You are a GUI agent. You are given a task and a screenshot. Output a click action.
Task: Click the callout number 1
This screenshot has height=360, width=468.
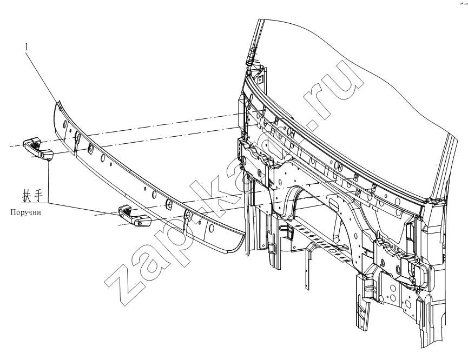pyautogui.click(x=27, y=47)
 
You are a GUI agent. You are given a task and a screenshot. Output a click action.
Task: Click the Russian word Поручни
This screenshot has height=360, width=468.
pyautogui.click(x=25, y=212)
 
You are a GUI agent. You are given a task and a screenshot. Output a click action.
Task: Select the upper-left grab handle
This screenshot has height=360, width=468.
pyautogui.click(x=38, y=148)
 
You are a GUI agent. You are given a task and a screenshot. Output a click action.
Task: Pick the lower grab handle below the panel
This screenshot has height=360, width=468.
pyautogui.click(x=135, y=215)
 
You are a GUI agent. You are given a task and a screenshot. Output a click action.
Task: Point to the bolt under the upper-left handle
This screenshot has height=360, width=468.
pyautogui.click(x=49, y=160)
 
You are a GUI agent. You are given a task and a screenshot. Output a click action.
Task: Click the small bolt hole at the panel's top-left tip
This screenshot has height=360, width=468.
pyautogui.click(x=60, y=109)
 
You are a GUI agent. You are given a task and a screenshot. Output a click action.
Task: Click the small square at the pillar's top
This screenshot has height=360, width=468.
pyautogui.click(x=260, y=79)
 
